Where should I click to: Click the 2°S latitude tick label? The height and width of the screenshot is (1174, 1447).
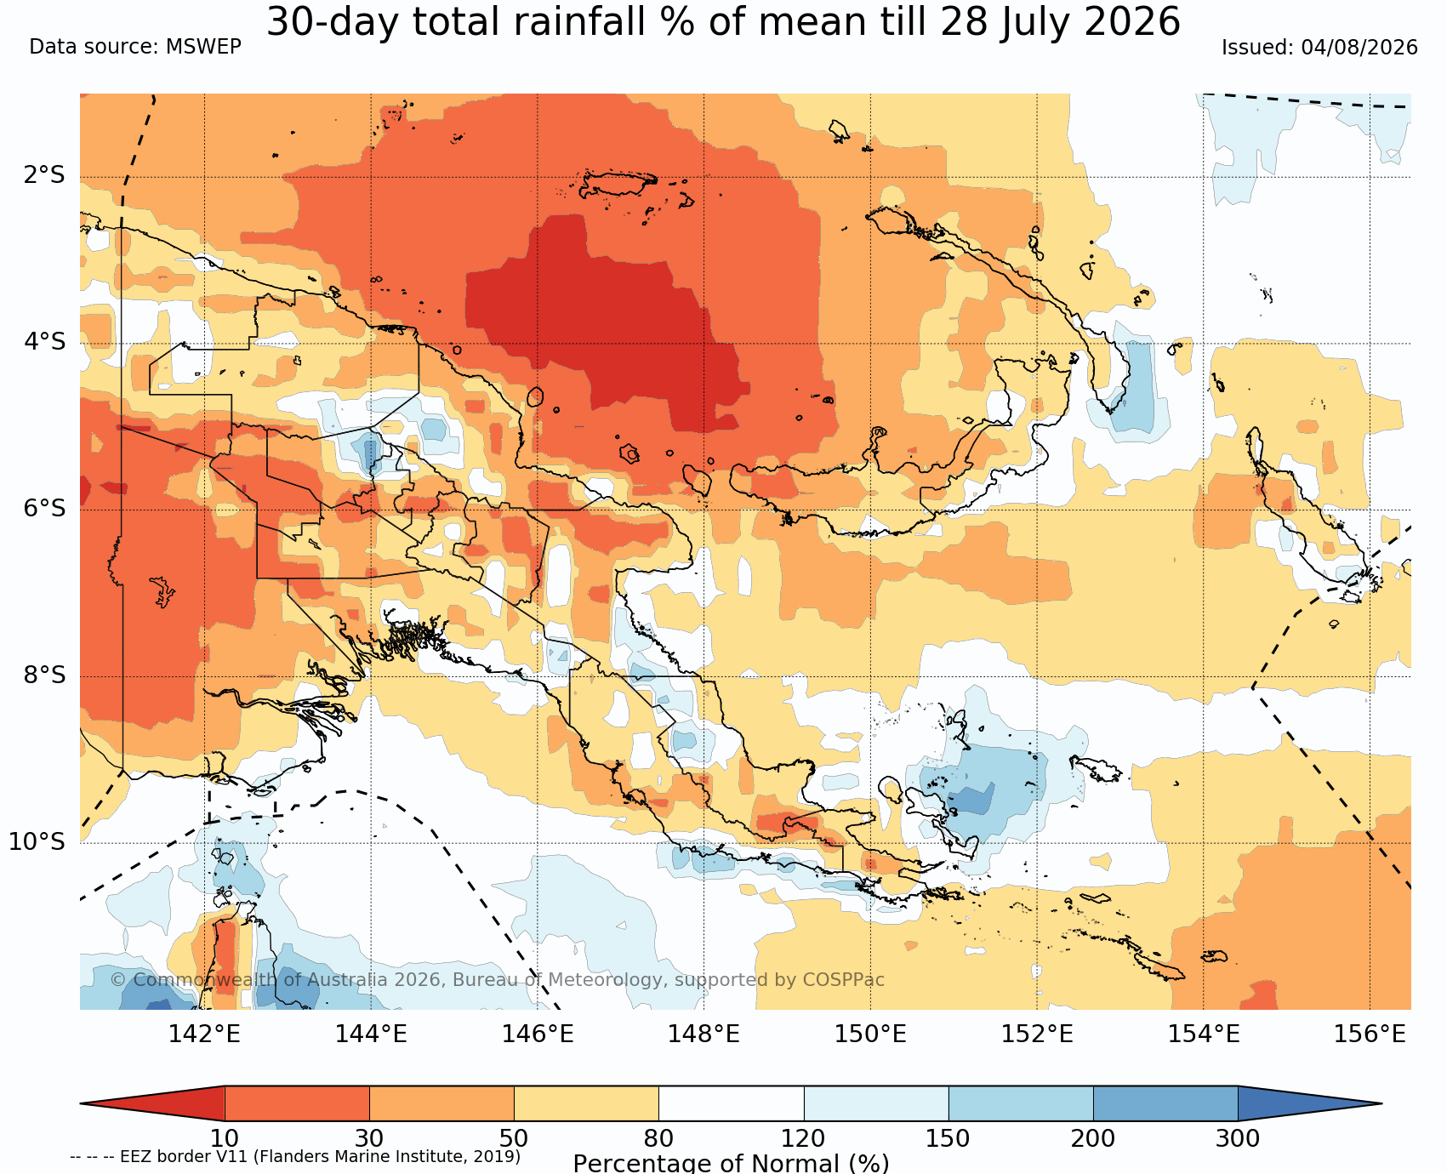click(44, 176)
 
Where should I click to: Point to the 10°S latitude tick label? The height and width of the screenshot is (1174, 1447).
click(37, 842)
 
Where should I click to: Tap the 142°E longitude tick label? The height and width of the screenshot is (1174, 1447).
click(204, 1034)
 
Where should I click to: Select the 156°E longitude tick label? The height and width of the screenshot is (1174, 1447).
click(1370, 1034)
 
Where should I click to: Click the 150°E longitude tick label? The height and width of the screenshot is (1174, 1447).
click(870, 1034)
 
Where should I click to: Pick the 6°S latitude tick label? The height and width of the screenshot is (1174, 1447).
click(44, 509)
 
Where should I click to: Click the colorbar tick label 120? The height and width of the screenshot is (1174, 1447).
click(804, 1138)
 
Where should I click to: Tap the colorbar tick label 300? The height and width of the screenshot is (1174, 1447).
click(1238, 1138)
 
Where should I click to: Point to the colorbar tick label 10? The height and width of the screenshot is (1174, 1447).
click(225, 1138)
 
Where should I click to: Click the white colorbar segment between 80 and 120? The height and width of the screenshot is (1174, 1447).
click(732, 1103)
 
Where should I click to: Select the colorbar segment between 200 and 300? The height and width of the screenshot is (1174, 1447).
click(1165, 1103)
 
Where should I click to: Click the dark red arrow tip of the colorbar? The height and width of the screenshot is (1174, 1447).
click(82, 1103)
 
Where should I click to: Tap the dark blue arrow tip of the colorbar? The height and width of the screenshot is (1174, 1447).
click(1381, 1103)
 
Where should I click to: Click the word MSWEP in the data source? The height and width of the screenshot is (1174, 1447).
click(203, 47)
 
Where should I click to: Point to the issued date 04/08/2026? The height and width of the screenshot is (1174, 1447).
click(1359, 48)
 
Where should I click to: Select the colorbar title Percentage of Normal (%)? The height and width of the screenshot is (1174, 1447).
click(732, 1163)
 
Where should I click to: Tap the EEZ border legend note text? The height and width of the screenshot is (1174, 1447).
click(295, 1156)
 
